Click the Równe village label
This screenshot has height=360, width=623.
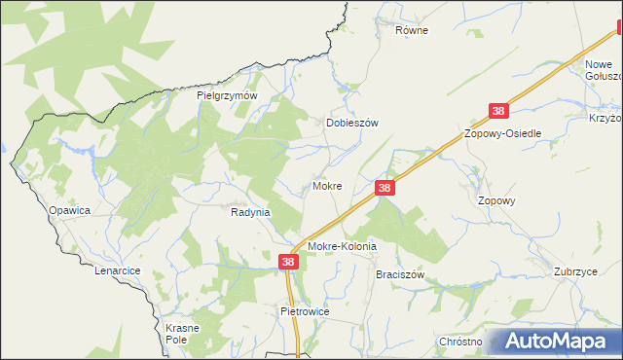(x=412, y=30)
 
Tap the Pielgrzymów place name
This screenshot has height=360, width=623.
(x=226, y=96)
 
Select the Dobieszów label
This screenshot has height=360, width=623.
(x=350, y=124)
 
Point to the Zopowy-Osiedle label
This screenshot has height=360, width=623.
(x=503, y=133)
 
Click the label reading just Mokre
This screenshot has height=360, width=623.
(x=327, y=185)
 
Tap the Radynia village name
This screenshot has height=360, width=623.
(x=250, y=211)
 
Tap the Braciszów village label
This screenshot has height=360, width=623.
(x=401, y=275)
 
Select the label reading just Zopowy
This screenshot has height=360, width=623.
(x=496, y=200)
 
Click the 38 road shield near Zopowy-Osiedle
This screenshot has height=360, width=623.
(x=498, y=113)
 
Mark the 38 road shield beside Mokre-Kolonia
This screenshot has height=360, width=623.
(x=288, y=262)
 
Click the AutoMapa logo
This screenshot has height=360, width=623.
(x=555, y=342)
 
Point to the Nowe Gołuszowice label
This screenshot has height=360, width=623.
(x=602, y=71)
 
